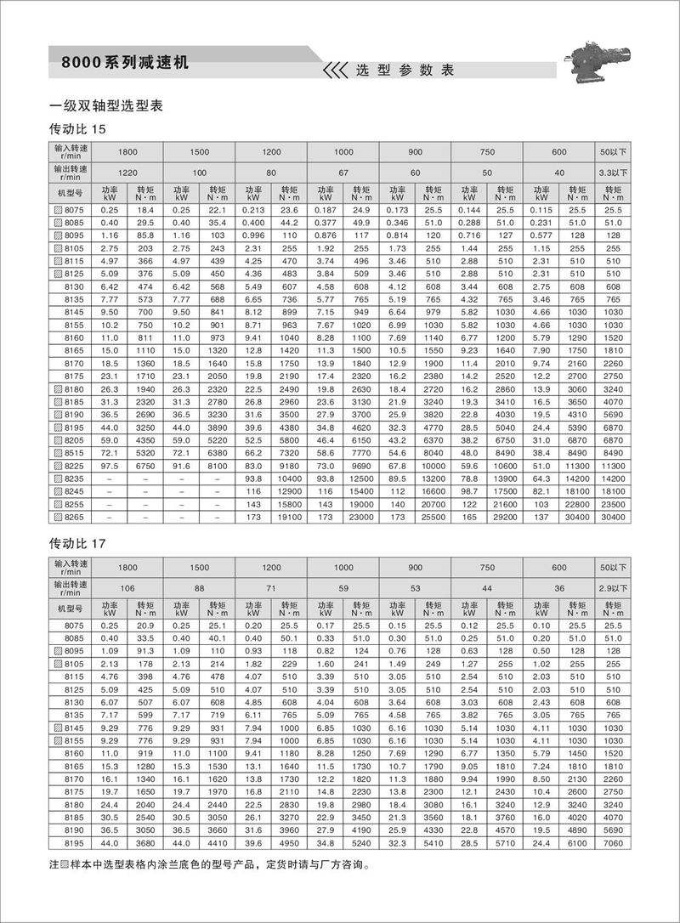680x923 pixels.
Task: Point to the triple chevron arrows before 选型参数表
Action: coord(333,70)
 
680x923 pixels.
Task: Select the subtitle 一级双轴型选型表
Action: coord(106,106)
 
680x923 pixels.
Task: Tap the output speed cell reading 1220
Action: coord(127,173)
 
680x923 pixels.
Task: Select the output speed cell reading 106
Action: coord(127,586)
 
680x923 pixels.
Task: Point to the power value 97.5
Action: coord(110,466)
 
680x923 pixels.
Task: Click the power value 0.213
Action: coord(253,209)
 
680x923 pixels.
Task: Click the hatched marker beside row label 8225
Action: coord(57,466)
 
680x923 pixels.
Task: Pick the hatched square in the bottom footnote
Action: coord(66,869)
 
